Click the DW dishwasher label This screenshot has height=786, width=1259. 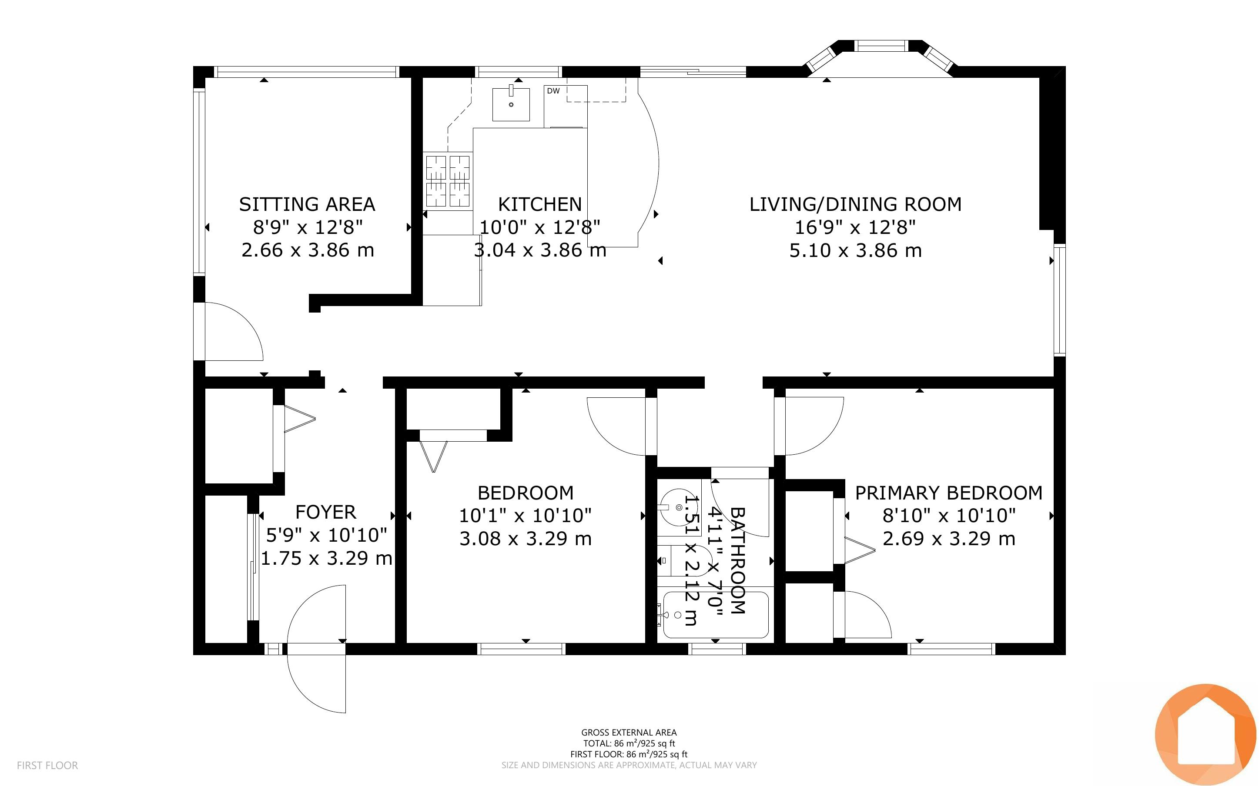[553, 91]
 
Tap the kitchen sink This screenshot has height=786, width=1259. [511, 104]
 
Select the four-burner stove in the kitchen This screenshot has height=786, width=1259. [448, 181]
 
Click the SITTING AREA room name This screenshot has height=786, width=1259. [307, 204]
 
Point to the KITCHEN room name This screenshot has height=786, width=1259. [540, 204]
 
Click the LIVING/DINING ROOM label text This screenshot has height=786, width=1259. [855, 204]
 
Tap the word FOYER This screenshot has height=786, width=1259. [325, 512]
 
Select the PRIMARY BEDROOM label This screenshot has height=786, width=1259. [948, 493]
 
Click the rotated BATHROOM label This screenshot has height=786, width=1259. [738, 560]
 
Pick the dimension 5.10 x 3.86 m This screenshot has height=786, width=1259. [855, 250]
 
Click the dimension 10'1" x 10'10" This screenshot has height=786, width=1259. [525, 516]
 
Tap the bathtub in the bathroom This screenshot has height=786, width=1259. [716, 615]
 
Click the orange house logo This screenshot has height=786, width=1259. [1205, 735]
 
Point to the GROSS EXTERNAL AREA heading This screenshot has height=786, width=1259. [629, 733]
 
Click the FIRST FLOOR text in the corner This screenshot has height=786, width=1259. [47, 765]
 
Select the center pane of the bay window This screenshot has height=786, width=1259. [881, 46]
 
